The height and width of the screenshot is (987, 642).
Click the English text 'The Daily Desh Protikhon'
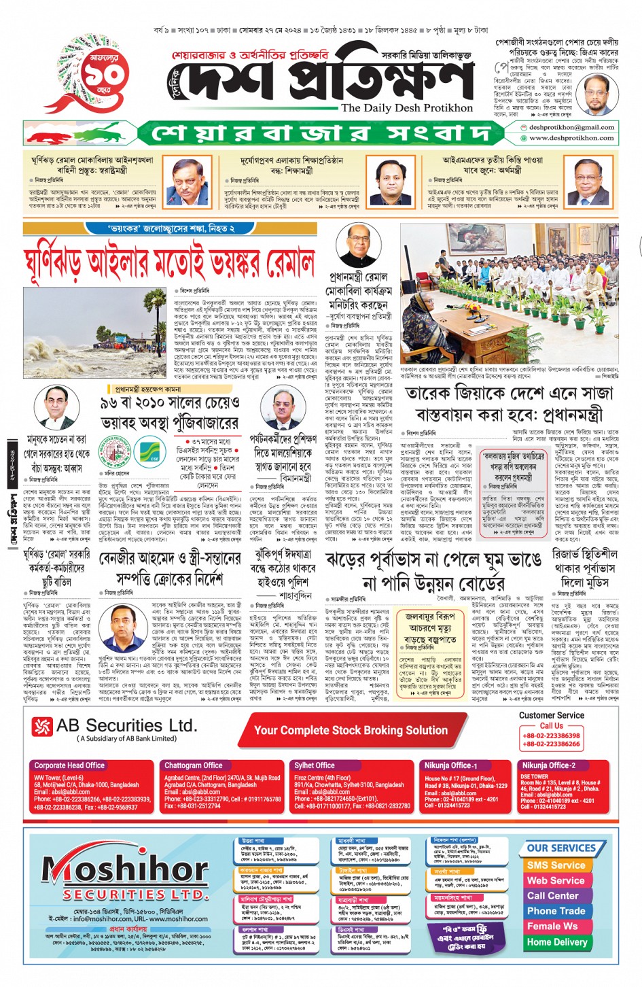pos(407,107)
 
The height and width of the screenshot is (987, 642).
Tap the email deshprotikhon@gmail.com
pos(571,127)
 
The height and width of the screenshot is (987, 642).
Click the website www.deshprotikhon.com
pos(571,138)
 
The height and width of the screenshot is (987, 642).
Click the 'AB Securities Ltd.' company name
pos(126,726)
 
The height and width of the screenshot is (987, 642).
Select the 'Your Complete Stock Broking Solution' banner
pos(351,731)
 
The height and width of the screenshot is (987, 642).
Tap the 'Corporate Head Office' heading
pos(69,765)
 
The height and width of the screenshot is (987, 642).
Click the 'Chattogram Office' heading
pos(194,765)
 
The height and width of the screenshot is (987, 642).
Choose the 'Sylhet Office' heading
pos(314,765)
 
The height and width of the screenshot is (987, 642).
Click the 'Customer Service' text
pos(551,715)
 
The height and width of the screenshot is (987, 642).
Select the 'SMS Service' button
pos(555,865)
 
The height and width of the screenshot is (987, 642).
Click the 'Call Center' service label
pos(552,896)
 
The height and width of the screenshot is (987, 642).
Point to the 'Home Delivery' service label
pos(556,942)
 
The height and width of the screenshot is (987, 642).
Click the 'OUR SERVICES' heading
pos(561,848)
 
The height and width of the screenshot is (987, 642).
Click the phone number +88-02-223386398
pos(551,735)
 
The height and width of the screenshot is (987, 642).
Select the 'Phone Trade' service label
pos(556,911)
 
